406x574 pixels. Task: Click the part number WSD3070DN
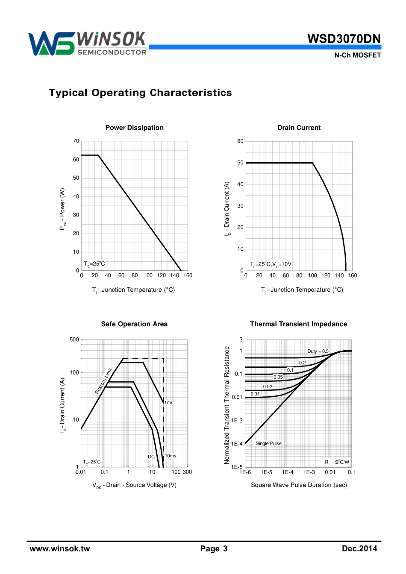(x=344, y=39)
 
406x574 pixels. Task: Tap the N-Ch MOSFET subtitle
(x=357, y=55)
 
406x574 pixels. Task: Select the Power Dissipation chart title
(x=134, y=128)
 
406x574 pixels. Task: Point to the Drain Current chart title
(x=299, y=128)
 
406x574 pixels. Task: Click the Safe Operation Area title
(x=134, y=324)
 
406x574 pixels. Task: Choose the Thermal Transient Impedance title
(x=298, y=324)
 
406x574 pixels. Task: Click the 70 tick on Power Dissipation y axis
(x=76, y=141)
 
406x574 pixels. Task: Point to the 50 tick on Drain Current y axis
(x=240, y=163)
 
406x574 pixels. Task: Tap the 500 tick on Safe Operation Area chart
(x=74, y=340)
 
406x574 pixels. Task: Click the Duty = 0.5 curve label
(x=318, y=351)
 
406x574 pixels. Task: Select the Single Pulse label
(x=268, y=443)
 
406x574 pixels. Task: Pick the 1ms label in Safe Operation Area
(x=169, y=403)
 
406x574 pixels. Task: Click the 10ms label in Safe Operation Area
(x=171, y=456)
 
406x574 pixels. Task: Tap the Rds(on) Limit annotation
(x=103, y=381)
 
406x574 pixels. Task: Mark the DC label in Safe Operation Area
(x=151, y=457)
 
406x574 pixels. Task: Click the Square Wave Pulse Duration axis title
(x=299, y=485)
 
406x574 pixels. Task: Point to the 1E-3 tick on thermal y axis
(x=237, y=421)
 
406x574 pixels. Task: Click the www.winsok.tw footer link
(x=60, y=549)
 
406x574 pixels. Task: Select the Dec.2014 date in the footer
(x=359, y=549)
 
